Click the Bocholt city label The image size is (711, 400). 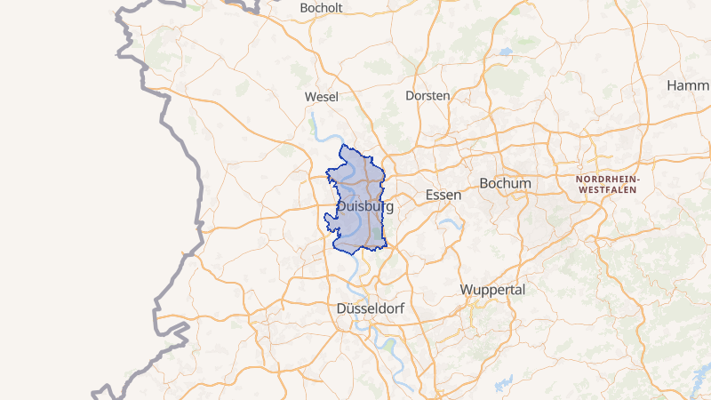pos(322,8)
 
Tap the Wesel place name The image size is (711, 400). pos(321,96)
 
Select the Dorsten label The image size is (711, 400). pos(427,95)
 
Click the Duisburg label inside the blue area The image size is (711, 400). pos(365,206)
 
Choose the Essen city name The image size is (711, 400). pos(443,195)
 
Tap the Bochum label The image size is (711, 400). pos(505,183)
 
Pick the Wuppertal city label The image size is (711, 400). pos(493,290)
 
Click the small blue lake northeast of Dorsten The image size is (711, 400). pos(505,52)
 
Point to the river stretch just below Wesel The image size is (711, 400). pos(314,120)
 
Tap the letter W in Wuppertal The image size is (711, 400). pos(467,290)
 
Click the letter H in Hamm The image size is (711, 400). pos(672,85)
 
